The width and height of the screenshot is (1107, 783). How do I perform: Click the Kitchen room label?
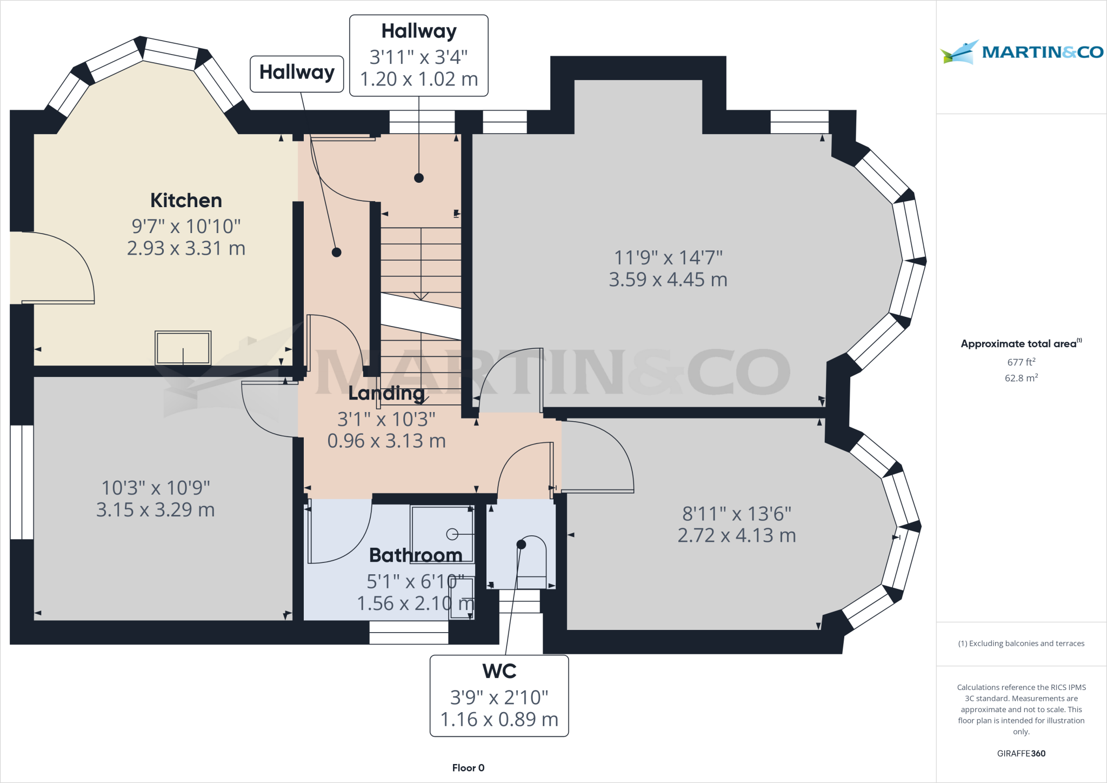click(186, 201)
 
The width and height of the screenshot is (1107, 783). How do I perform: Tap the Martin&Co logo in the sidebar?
click(1021, 52)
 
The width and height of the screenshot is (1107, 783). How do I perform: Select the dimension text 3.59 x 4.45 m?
click(668, 280)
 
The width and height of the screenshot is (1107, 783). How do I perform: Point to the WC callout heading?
click(499, 671)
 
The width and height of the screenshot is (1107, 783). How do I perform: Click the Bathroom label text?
click(415, 555)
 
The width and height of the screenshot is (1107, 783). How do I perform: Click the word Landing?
click(386, 393)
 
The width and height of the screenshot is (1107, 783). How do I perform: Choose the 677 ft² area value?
click(1021, 362)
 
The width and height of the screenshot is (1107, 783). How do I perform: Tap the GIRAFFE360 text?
click(1021, 753)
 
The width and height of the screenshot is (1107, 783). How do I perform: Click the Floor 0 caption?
click(468, 768)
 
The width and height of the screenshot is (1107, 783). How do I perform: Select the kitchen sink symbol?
click(183, 348)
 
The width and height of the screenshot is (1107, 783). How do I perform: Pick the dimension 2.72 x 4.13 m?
click(736, 535)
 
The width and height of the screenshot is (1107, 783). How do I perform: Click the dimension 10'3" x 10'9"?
click(156, 488)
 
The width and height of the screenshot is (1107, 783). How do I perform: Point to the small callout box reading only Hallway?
click(297, 73)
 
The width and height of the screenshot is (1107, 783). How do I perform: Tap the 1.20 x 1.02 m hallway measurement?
click(419, 79)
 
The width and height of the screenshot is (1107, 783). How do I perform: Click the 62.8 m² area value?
click(1021, 378)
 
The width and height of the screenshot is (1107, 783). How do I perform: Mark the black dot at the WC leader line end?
click(521, 545)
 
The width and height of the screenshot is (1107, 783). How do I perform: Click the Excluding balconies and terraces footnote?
click(1021, 643)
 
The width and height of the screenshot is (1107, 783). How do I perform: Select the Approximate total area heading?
click(1021, 343)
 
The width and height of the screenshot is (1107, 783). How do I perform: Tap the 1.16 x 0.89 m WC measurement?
click(499, 719)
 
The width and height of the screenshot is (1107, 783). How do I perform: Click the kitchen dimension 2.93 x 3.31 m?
click(186, 248)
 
